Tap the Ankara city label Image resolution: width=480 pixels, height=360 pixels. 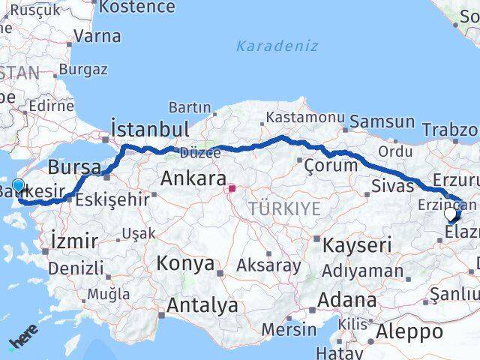193,179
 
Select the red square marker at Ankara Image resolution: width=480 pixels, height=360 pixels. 232,189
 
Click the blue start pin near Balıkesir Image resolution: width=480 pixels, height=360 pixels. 18,187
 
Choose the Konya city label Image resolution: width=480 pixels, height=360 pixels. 185,265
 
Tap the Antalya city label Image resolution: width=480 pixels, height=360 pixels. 202,306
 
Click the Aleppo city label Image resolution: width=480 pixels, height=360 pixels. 409,331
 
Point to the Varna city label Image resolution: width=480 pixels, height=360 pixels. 97,35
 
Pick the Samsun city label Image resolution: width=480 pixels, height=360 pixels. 382,121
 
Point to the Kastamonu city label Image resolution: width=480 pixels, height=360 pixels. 304,118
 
